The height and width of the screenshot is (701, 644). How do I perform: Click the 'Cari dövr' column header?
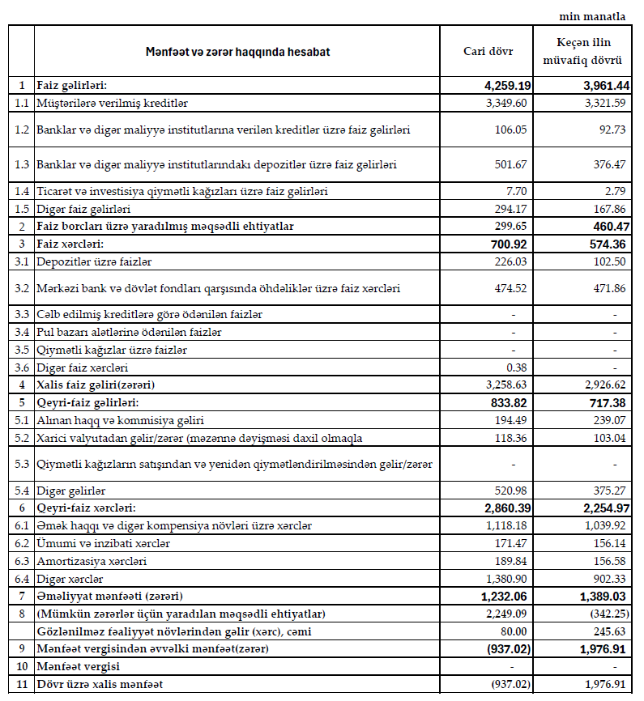coord(487,52)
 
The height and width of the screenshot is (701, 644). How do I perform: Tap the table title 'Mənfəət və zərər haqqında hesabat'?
coord(237,52)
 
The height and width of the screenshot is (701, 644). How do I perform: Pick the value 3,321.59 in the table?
coord(603,103)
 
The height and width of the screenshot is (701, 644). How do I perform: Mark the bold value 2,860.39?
coord(503,508)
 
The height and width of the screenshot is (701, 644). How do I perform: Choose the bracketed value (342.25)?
coord(603,614)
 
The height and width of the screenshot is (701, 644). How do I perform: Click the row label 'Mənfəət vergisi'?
coord(78,666)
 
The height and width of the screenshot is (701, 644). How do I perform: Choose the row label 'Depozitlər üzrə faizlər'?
coord(94,261)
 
